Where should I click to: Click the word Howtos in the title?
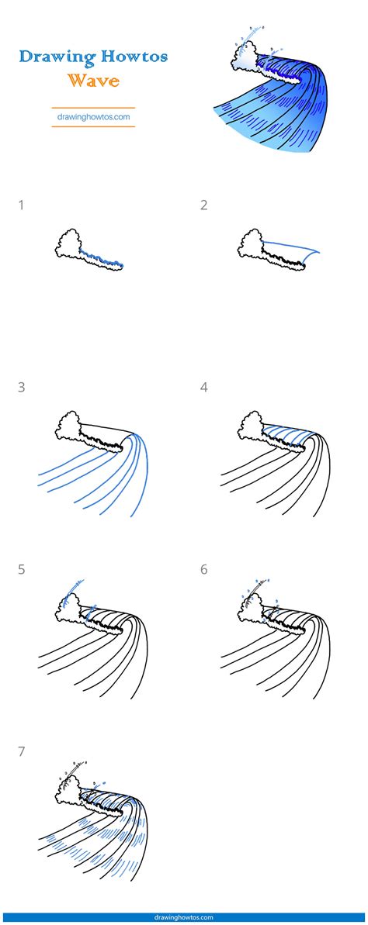127,57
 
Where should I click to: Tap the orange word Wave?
92,80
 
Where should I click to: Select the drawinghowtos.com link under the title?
93,117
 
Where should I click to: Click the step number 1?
21,205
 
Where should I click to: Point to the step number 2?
203,205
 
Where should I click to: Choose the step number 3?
21,388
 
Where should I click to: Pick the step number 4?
203,388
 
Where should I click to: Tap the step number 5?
21,570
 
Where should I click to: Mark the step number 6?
203,570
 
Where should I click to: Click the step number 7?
21,751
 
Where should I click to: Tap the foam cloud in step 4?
252,426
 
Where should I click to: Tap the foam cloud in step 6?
252,609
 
